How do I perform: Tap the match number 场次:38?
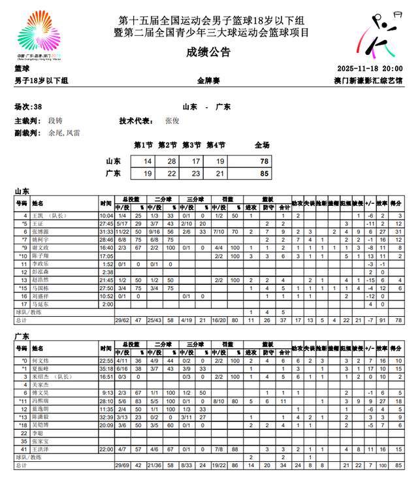coord(29,106)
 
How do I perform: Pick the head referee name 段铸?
coord(56,121)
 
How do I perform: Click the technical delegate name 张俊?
coord(172,121)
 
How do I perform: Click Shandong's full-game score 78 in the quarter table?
coord(263,161)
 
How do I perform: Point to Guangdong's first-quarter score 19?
coord(147,173)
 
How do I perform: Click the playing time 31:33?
coord(106,232)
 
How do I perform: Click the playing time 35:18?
coord(106,368)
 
